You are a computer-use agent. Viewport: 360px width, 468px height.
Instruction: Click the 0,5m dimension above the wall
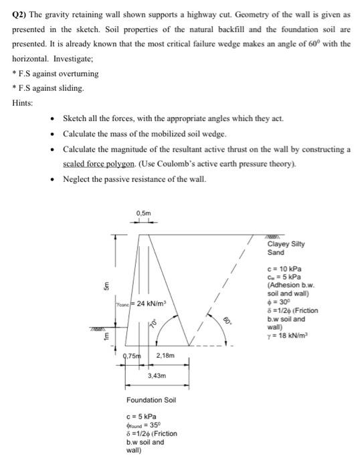point(143,213)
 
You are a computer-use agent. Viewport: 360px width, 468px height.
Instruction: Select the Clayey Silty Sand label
point(285,249)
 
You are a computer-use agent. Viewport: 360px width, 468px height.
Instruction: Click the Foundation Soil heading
point(151,400)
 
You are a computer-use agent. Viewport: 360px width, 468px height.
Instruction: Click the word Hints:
point(22,102)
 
